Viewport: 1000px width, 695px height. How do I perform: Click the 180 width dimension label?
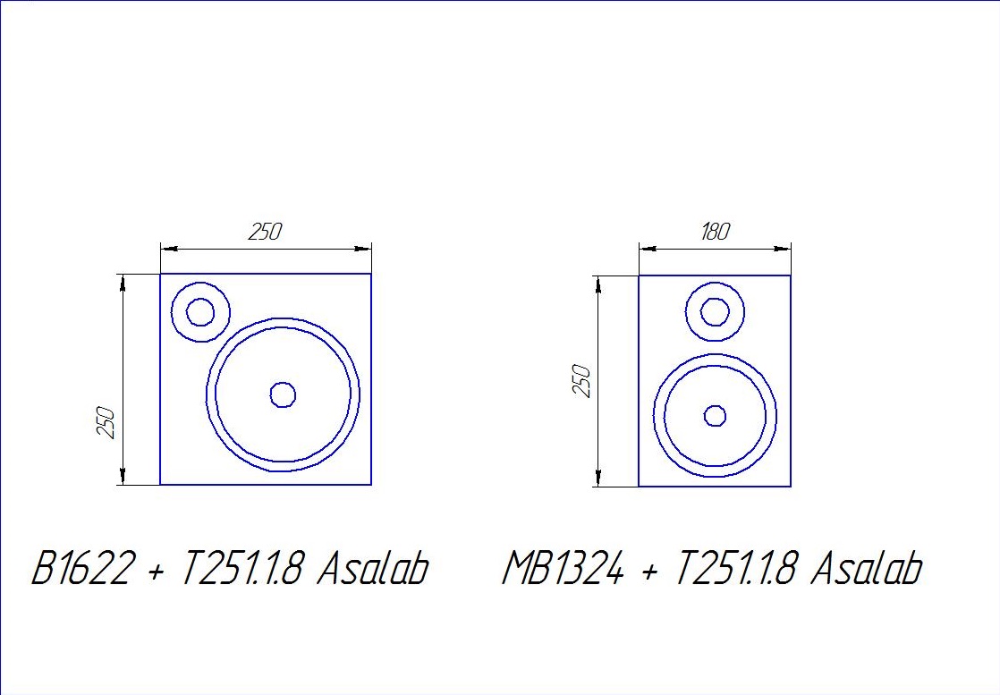[715, 232]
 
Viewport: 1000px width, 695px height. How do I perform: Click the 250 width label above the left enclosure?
[265, 232]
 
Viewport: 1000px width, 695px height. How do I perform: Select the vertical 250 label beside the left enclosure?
[106, 422]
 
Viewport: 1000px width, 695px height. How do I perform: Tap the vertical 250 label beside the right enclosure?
[583, 381]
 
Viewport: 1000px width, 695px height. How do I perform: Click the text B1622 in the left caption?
[83, 567]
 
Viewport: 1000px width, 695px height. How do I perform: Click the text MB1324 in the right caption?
[562, 567]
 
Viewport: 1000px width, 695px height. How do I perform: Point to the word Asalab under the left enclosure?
[372, 567]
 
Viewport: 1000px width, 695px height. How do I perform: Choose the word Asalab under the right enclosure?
[866, 567]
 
